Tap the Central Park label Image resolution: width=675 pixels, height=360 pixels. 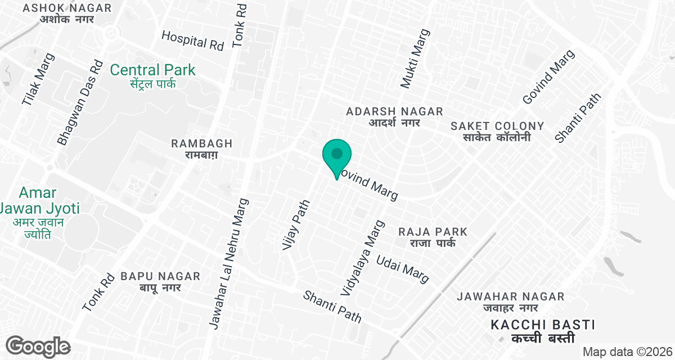[x=152, y=76]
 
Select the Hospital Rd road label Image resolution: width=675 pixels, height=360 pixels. [x=192, y=40]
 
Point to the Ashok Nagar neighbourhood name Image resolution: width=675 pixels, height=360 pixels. [x=67, y=13]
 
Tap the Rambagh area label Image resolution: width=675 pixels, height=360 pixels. [x=201, y=148]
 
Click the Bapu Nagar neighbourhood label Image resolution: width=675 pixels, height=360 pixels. [x=160, y=281]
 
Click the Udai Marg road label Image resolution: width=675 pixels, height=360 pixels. [x=403, y=269]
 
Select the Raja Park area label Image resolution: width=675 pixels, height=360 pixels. [x=433, y=237]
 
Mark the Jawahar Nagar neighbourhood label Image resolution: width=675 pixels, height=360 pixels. [x=510, y=301]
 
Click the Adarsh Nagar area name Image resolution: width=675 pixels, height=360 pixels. [x=394, y=117]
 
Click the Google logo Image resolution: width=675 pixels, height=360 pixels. [x=38, y=346]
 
